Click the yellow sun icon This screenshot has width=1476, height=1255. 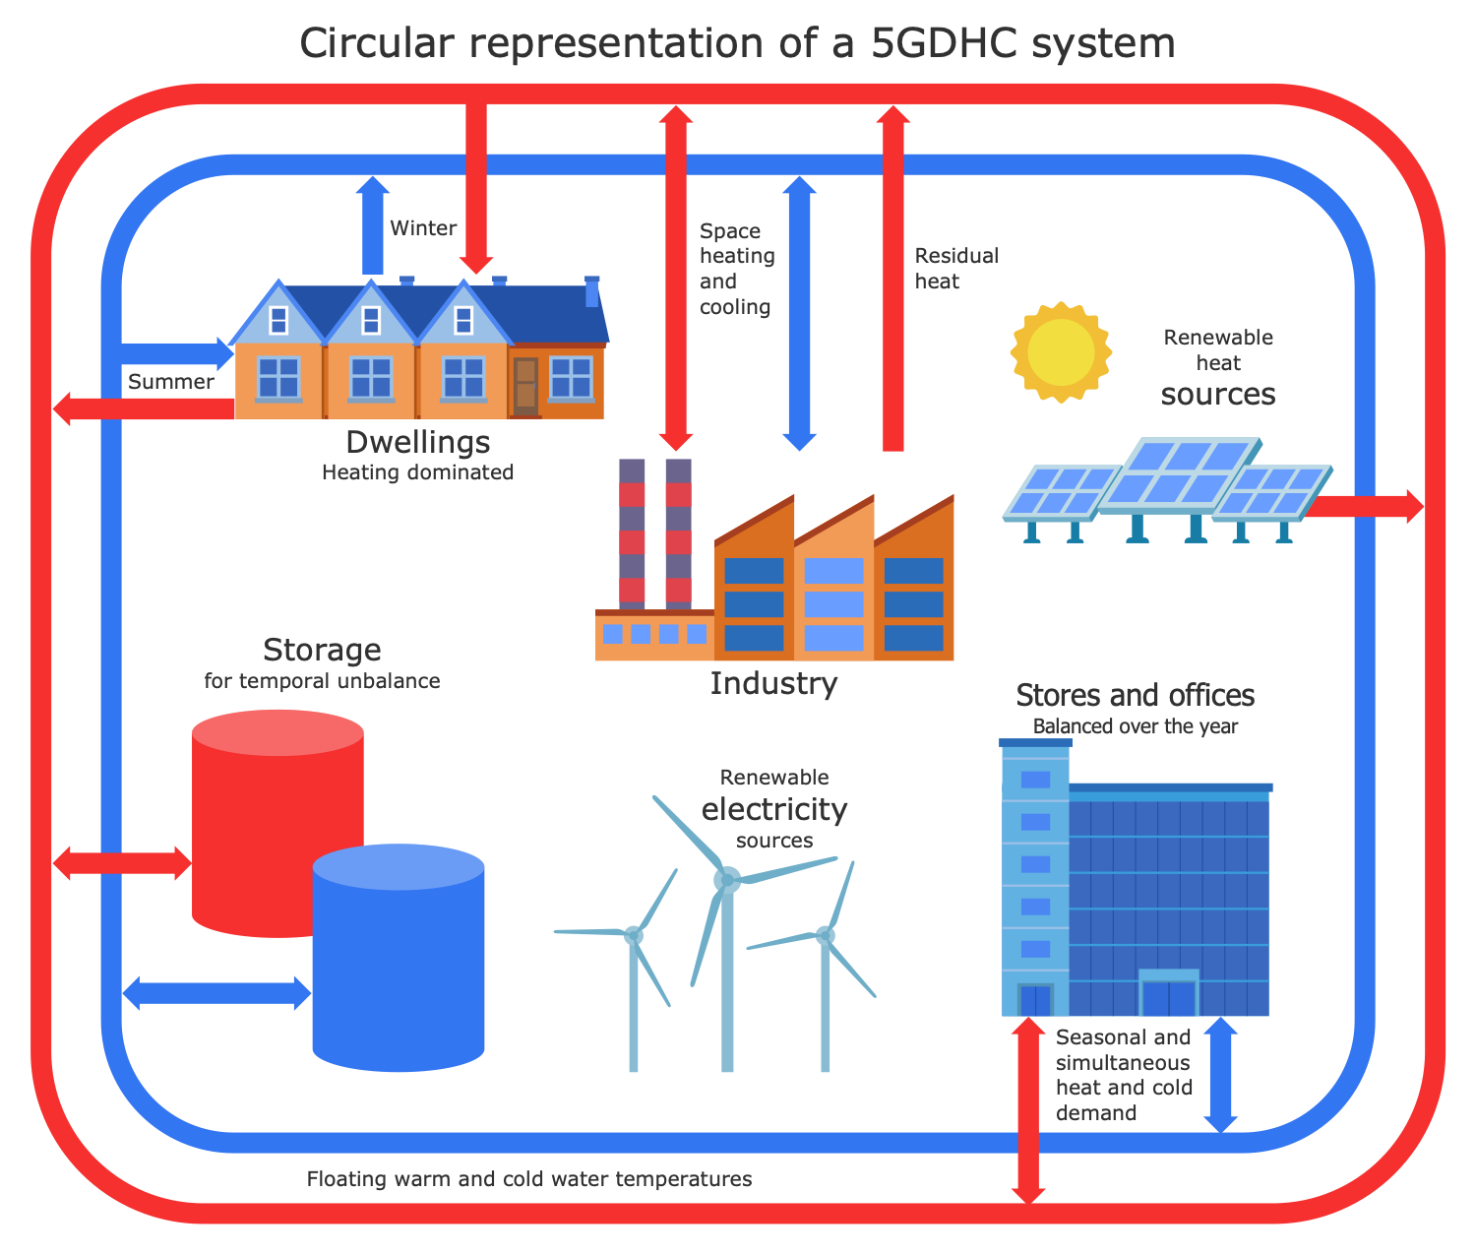click(x=1061, y=351)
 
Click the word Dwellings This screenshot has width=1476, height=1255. click(x=418, y=441)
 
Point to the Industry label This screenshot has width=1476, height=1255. click(x=773, y=683)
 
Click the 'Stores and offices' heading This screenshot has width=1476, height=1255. click(x=1135, y=696)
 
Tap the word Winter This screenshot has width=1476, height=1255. click(x=423, y=228)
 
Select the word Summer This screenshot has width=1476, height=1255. click(x=171, y=382)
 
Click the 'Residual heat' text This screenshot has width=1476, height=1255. click(x=955, y=269)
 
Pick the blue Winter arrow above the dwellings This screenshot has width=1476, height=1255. click(x=372, y=226)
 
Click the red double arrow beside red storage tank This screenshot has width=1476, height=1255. click(x=122, y=862)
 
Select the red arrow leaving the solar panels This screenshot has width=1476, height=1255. click(x=1368, y=506)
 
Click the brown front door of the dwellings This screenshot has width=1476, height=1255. click(x=525, y=385)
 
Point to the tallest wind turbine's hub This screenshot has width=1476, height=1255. click(x=727, y=879)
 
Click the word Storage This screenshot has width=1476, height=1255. click(x=322, y=650)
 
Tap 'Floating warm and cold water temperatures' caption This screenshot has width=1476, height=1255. click(x=529, y=1179)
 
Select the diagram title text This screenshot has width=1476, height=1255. click(x=737, y=43)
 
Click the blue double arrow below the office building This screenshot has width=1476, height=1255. click(x=1220, y=1075)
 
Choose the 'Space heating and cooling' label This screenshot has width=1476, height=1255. click(x=737, y=269)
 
